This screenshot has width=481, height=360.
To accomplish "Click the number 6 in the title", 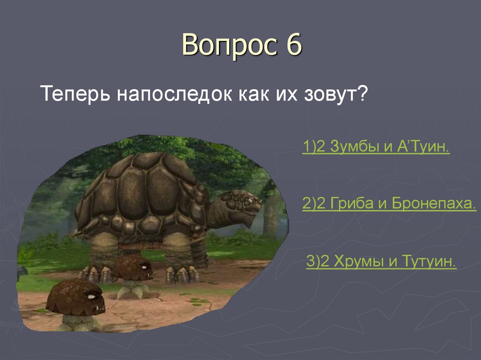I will point(291,46).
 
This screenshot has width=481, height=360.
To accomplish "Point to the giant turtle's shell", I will point(141,188).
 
